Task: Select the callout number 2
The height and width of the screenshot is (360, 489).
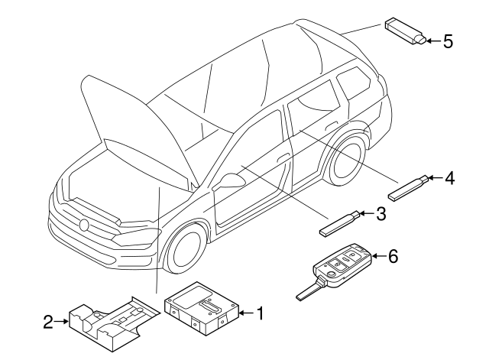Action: pos(47,323)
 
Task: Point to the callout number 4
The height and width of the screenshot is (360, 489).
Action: pos(449,178)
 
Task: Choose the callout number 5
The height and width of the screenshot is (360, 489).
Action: pos(448,41)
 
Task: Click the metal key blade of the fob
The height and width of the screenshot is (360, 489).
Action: pos(306,291)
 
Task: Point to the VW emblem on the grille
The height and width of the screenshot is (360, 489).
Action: pos(83,225)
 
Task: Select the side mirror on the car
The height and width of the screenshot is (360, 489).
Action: pos(230,181)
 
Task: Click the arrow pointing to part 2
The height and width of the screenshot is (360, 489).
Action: pos(62,323)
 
